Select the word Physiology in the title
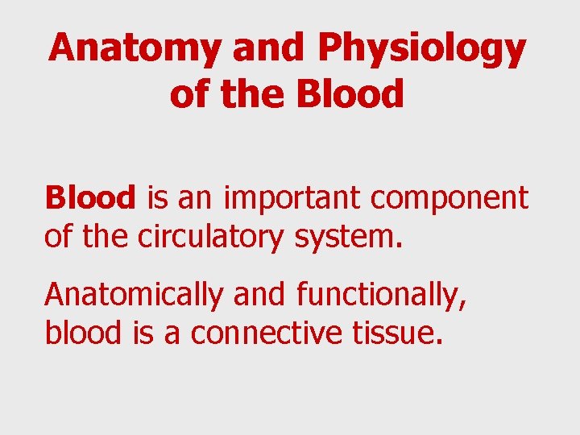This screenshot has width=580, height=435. [421, 50]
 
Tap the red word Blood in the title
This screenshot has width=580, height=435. [349, 95]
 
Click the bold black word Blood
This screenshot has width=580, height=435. [90, 197]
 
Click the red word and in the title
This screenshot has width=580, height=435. [270, 50]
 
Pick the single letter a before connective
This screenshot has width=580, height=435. [172, 333]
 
